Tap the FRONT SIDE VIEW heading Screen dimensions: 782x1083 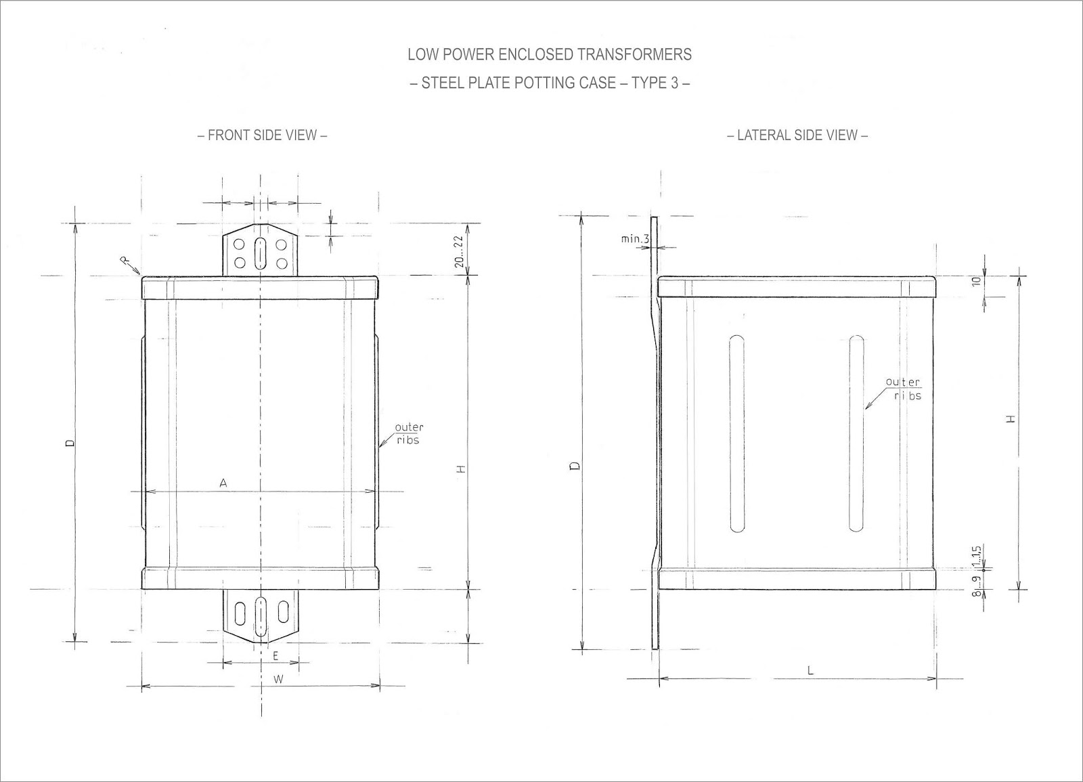pos(262,135)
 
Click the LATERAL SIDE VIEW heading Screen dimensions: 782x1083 pos(797,135)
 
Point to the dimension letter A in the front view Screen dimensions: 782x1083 pos(223,483)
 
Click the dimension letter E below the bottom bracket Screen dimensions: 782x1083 pos(275,655)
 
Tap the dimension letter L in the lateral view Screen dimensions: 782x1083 pos(810,670)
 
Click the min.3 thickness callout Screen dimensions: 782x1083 pos(635,239)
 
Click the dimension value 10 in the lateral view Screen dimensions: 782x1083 pos(976,281)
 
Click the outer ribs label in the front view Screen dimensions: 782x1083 pos(409,433)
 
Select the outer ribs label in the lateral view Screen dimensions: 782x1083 pos(903,389)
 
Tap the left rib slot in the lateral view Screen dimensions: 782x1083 pos(736,433)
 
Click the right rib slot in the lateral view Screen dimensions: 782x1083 pos(856,433)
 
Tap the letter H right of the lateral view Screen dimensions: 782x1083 pos(1011,419)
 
